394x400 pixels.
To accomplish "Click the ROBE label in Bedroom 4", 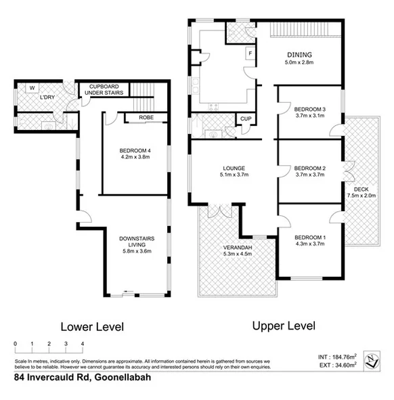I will pos(146,118).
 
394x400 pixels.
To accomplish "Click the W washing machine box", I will pos(32,87).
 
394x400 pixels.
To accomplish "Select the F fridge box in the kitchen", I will pos(250,53).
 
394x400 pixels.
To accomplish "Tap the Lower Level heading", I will pos(92,327).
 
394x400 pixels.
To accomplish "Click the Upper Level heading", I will pos(284,326).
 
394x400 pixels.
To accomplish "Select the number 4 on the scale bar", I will pos(83,345).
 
